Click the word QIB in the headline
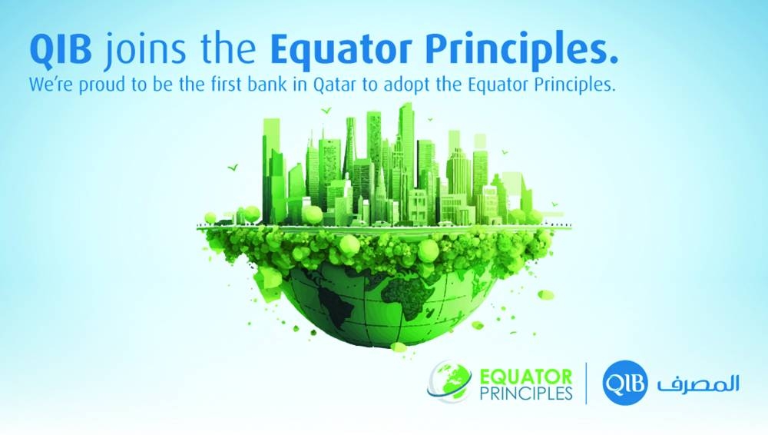click(60, 50)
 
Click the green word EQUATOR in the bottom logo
click(525, 377)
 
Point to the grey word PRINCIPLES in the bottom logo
click(525, 393)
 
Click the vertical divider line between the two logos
click(587, 383)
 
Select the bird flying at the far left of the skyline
click(233, 168)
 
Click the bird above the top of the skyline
click(325, 111)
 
